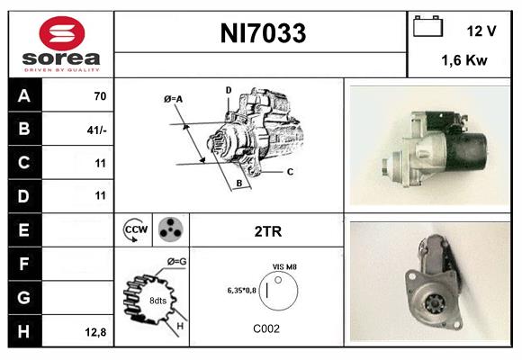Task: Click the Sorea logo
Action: [x=61, y=44]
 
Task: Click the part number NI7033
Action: [x=263, y=34]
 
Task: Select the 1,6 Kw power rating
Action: [x=465, y=61]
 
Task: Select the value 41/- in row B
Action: [x=97, y=129]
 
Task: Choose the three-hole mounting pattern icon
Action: [x=169, y=229]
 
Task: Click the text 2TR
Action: [x=268, y=231]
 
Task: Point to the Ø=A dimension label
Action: [x=174, y=98]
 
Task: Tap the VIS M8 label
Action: [x=284, y=267]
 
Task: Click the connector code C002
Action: [x=267, y=328]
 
